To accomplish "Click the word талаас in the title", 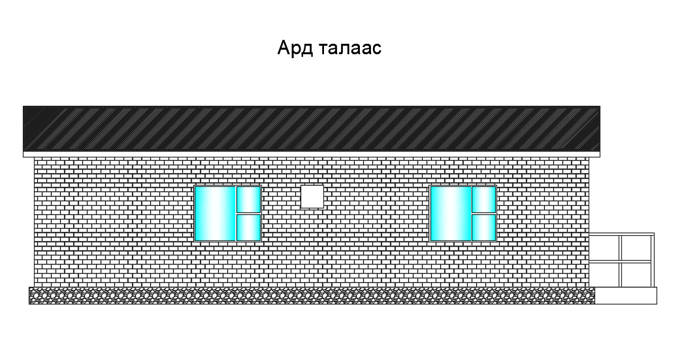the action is click(350, 49).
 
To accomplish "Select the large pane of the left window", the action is click(214, 214).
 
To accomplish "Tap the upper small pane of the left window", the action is click(248, 199).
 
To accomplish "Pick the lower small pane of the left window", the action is click(248, 227).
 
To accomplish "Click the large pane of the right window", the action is click(450, 214).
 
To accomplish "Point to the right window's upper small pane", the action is click(483, 199).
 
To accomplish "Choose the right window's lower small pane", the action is click(483, 227).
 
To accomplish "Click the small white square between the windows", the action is click(312, 197).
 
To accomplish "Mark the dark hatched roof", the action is click(312, 128).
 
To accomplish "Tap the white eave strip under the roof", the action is click(312, 154).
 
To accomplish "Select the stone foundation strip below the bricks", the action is click(312, 295).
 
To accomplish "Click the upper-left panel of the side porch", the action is click(604, 248).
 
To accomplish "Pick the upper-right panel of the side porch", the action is click(636, 248).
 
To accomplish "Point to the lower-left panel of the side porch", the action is click(604, 274).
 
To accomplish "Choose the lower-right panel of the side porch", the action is click(636, 274).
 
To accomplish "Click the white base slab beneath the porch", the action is click(625, 295).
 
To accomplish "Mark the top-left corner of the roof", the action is click(24, 107).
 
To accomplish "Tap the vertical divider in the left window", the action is click(235, 214).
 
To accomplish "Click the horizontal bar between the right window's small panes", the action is click(483, 214).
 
